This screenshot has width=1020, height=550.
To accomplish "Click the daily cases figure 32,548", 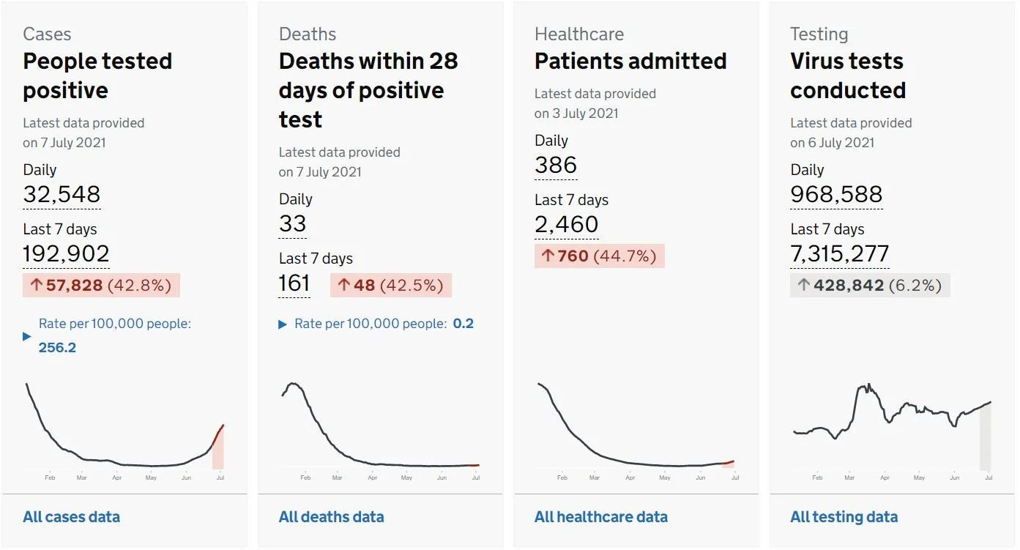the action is click(x=62, y=194).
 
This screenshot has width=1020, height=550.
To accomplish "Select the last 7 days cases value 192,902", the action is click(x=66, y=253).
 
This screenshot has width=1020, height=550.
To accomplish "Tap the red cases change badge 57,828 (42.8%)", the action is click(x=101, y=286).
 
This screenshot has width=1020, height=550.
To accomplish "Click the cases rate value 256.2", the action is click(x=57, y=348).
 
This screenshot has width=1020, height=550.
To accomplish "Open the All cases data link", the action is click(x=72, y=517).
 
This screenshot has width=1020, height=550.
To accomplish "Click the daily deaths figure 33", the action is click(x=292, y=223).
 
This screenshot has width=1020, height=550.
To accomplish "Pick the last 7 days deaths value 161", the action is click(x=294, y=283).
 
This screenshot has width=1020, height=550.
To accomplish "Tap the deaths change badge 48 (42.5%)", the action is click(x=391, y=286).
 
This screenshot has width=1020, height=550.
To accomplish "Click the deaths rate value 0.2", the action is click(x=463, y=324).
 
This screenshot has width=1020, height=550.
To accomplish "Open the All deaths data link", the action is click(x=332, y=517).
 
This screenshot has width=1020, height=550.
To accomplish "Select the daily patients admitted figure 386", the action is click(x=556, y=165).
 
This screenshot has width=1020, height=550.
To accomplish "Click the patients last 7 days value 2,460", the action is click(x=567, y=224).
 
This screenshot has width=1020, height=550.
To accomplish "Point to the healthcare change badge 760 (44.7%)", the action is click(x=599, y=256).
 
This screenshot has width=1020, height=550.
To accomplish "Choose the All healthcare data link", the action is click(x=601, y=517).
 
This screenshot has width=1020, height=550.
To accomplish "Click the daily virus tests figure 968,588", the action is click(x=836, y=194).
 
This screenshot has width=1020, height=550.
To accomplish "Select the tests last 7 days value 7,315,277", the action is click(x=840, y=253).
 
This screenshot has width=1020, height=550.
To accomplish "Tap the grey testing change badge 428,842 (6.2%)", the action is click(x=870, y=286).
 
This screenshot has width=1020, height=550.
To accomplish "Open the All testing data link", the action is click(x=844, y=517).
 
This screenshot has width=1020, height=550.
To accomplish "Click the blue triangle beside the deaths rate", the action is click(x=283, y=324).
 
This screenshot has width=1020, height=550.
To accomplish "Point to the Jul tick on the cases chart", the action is click(x=220, y=477).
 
